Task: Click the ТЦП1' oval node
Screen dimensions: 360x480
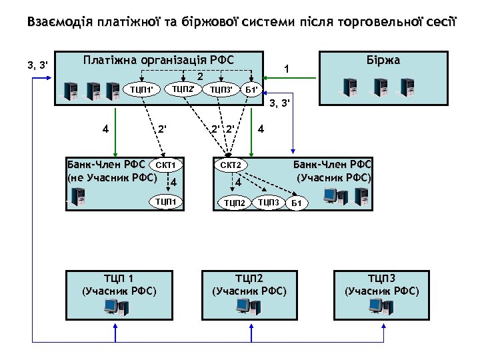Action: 142,89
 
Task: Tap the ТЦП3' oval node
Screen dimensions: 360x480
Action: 221,89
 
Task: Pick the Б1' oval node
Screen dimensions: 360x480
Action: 252,89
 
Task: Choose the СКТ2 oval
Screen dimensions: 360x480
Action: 231,165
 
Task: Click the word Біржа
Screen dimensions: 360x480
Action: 383,61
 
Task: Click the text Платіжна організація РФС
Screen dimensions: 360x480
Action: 158,59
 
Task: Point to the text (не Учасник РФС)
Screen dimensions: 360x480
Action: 112,177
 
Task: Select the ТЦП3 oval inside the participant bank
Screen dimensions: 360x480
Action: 269,201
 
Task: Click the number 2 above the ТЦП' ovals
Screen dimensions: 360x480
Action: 199,77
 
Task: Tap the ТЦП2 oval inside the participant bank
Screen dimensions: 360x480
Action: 235,203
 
